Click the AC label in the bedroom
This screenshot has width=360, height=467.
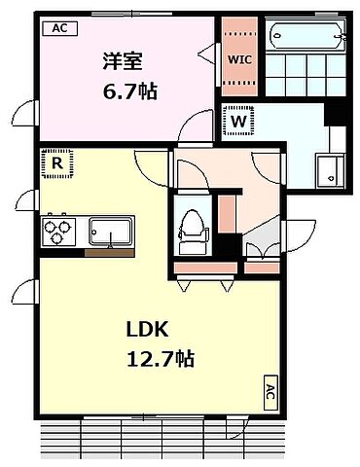pyautogui.click(x=60, y=28)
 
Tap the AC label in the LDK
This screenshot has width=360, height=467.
pyautogui.click(x=270, y=392)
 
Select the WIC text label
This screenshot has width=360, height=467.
pyautogui.click(x=239, y=59)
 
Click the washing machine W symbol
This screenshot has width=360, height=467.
pyautogui.click(x=238, y=122)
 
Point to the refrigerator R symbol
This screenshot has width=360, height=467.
pyautogui.click(x=57, y=163)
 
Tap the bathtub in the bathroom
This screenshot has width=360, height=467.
pyautogui.click(x=306, y=35)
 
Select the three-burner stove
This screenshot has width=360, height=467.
pyautogui.click(x=58, y=232)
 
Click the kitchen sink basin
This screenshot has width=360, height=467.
pyautogui.click(x=111, y=232)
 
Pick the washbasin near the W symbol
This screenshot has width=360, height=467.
pyautogui.click(x=331, y=171)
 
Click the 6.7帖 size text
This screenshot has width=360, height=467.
pyautogui.click(x=130, y=91)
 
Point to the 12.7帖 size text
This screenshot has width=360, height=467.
pyautogui.click(x=161, y=359)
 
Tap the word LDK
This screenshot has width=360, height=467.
pyautogui.click(x=147, y=330)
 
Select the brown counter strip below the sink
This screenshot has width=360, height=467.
pyautogui.click(x=110, y=253)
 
